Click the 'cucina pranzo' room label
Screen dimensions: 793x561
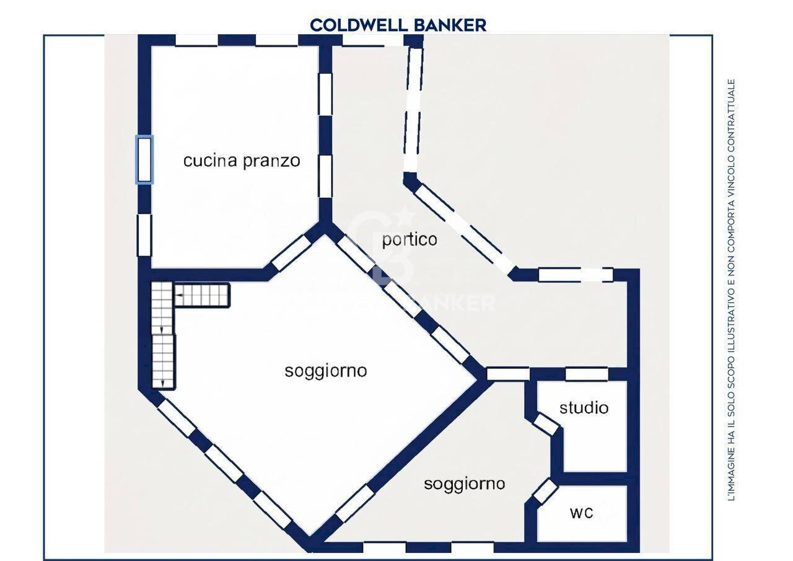pyautogui.click(x=242, y=161)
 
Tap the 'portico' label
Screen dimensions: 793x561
pyautogui.click(x=410, y=240)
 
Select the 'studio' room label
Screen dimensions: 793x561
pyautogui.click(x=584, y=408)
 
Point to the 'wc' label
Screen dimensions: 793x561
pyautogui.click(x=582, y=513)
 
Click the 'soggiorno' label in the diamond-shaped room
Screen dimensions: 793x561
pyautogui.click(x=326, y=371)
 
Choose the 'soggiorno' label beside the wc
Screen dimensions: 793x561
pyautogui.click(x=465, y=484)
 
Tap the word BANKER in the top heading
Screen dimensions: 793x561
pyautogui.click(x=450, y=25)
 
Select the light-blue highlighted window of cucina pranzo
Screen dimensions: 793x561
pyautogui.click(x=144, y=160)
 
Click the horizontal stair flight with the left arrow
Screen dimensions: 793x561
pyautogui.click(x=202, y=295)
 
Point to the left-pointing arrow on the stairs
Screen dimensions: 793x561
pyautogui.click(x=179, y=294)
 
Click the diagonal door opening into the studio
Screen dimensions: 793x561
pyautogui.click(x=546, y=425)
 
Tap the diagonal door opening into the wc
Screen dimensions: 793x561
pyautogui.click(x=545, y=491)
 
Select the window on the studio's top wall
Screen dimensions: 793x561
pyautogui.click(x=587, y=374)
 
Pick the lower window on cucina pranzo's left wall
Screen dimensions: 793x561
pyautogui.click(x=144, y=235)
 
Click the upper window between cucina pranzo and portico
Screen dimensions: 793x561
pyautogui.click(x=325, y=94)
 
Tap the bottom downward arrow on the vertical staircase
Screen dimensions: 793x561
pyautogui.click(x=162, y=383)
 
